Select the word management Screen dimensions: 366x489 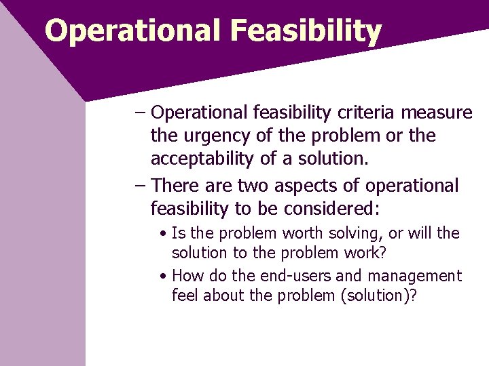point(414,276)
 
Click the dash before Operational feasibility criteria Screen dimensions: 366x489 point(140,112)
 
